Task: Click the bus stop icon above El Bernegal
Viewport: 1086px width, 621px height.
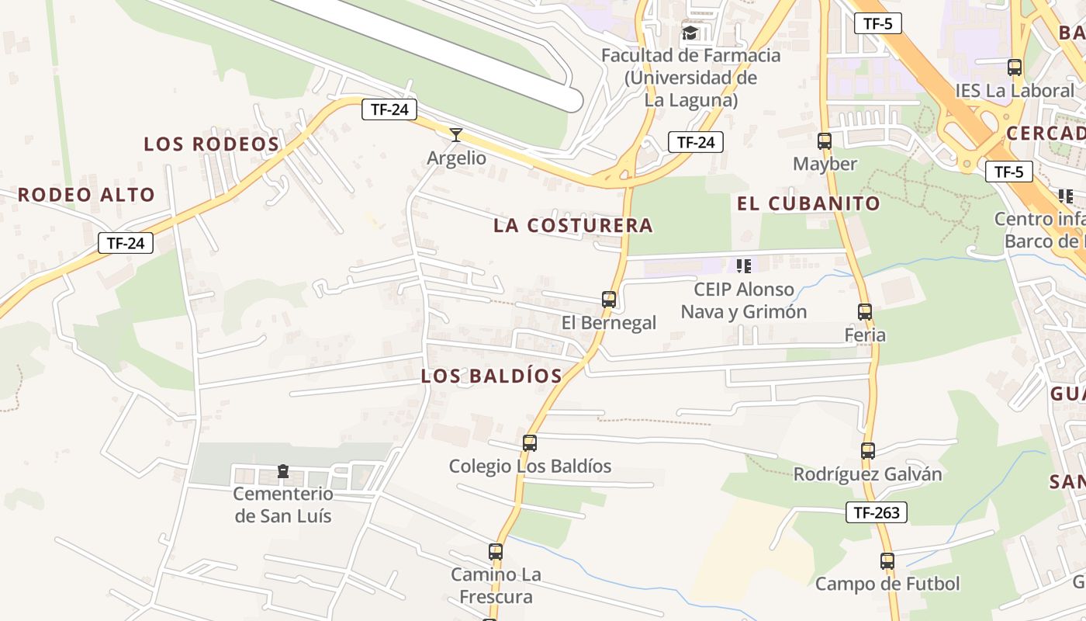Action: (609, 299)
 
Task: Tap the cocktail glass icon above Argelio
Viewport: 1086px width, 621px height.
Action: (456, 135)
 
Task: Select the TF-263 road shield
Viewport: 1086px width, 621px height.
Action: (877, 512)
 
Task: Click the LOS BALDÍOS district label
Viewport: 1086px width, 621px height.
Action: (491, 376)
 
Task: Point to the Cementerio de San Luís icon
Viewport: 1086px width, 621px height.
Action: (283, 471)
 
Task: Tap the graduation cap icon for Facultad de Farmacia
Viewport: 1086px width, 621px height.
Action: (690, 33)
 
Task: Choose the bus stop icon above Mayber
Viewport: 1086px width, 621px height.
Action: (825, 141)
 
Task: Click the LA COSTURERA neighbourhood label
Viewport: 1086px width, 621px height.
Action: (573, 226)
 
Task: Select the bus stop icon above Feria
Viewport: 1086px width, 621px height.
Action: (865, 312)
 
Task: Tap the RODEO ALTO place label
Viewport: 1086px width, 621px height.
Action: (87, 195)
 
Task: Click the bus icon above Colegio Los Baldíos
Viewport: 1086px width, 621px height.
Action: (530, 443)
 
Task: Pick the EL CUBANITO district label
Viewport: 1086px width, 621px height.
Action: (808, 204)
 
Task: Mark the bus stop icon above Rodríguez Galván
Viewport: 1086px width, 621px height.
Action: (868, 450)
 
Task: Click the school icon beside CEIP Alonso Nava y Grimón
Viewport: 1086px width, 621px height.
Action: (744, 266)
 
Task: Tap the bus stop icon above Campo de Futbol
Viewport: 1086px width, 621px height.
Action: (887, 560)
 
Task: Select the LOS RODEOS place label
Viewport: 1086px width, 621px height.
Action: (212, 144)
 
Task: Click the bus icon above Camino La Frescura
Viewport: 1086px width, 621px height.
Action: (496, 552)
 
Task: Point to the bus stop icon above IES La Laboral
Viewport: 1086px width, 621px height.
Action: (1015, 68)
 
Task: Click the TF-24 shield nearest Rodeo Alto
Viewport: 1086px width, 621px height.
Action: (126, 243)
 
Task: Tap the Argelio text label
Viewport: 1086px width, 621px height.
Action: (457, 158)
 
